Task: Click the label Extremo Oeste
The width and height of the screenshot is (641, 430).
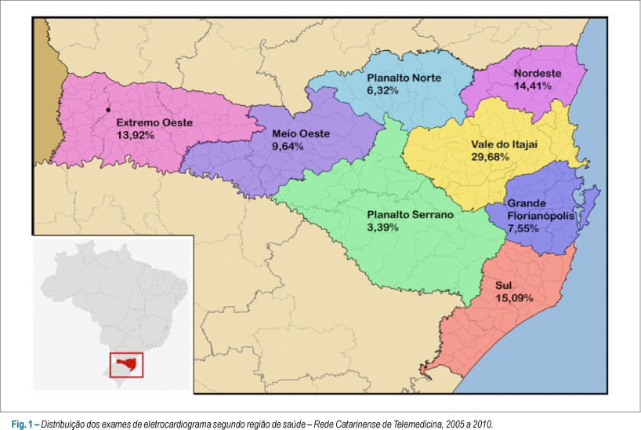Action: coord(154,122)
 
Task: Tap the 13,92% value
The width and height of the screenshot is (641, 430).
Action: coord(136,135)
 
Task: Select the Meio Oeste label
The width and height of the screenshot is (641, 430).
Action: coord(302,133)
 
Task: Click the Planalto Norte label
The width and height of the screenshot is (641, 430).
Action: coord(404,78)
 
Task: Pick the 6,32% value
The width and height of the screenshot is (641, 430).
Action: coord(383,91)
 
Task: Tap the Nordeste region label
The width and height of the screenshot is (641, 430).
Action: coord(537,74)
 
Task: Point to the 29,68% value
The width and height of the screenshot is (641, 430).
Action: coord(491,157)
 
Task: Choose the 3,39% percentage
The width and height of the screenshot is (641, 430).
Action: coord(383,227)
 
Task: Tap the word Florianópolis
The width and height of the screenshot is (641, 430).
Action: coord(542,216)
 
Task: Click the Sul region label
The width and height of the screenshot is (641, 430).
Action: coord(503,286)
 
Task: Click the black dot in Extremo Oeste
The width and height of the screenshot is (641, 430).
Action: coord(107,109)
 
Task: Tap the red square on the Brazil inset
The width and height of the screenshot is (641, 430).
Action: coord(126,365)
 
